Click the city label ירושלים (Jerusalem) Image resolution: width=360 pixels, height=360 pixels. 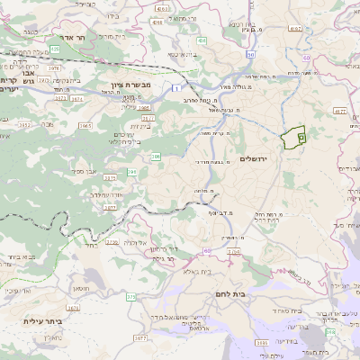255,158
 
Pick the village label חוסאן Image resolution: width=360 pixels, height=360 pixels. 78,288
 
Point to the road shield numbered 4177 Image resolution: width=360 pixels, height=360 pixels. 339,112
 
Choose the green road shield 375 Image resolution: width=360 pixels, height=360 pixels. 130,296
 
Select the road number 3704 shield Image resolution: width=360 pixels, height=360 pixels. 234,252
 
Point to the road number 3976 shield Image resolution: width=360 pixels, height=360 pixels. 53,67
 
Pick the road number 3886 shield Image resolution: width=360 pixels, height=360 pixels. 262,343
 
